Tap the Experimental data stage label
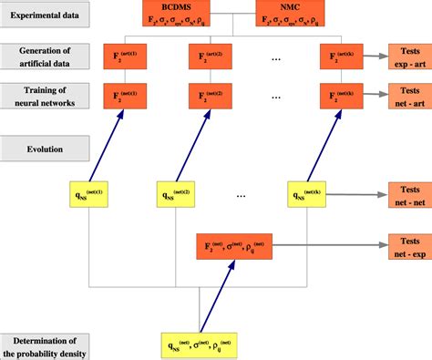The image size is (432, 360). (46, 14)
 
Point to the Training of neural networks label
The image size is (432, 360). (46, 94)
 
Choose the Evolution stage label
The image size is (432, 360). (46, 145)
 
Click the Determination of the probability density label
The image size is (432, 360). (46, 345)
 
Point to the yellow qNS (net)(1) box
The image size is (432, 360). (90, 194)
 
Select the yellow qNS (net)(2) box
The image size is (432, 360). (177, 194)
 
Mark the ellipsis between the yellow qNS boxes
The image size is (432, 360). (242, 195)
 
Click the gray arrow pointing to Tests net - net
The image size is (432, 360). (360, 195)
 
